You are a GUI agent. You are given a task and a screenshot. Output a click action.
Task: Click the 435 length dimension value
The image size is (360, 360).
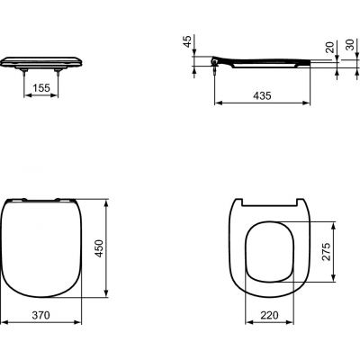click(x=261, y=94)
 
